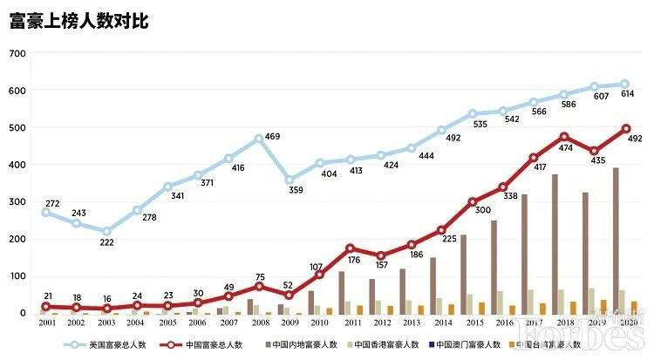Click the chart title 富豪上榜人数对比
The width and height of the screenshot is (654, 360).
79,21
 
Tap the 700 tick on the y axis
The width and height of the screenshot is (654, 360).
17,54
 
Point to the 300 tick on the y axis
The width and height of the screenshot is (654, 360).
17,201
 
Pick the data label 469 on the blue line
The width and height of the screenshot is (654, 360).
271,137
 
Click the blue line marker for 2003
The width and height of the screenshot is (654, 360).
106,232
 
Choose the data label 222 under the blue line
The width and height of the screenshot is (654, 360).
106,243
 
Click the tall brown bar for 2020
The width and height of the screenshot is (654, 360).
617,241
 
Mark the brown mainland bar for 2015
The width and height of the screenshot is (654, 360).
464,274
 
